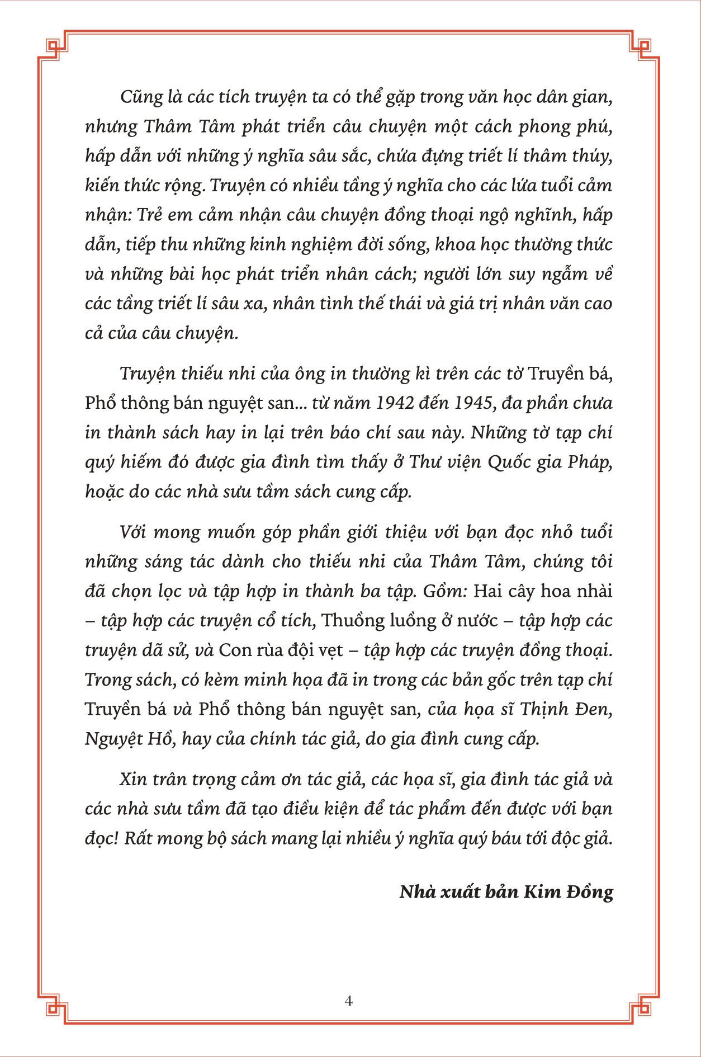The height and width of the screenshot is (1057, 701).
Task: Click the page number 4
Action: click(349, 1001)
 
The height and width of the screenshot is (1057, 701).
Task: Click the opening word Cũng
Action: click(136, 97)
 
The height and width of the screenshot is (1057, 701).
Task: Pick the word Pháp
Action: click(590, 463)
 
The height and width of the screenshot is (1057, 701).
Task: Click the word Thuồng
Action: click(350, 621)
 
